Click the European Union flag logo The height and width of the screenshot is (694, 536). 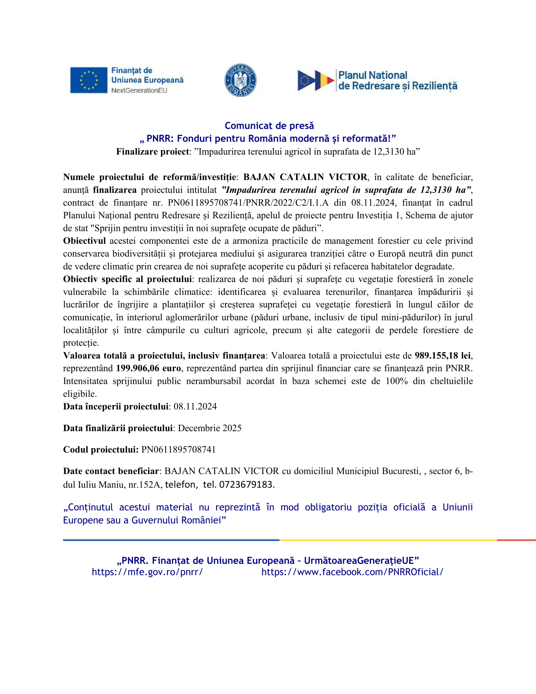point(89,80)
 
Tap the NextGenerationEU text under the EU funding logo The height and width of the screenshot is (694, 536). point(139,91)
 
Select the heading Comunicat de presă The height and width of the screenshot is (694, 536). point(269,126)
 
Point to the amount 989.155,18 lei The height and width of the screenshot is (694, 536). point(443,356)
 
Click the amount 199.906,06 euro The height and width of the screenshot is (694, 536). point(148,368)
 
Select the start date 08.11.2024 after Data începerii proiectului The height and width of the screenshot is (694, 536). point(195,407)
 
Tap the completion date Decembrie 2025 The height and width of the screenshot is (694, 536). point(210,428)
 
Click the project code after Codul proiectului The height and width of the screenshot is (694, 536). point(179,450)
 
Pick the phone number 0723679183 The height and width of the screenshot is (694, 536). point(246,485)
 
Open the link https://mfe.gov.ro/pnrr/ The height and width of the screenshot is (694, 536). point(147,572)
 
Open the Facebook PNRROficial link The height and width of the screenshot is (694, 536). point(352,572)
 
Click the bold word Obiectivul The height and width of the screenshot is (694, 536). point(84,241)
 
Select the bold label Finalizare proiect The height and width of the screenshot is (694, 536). point(153,152)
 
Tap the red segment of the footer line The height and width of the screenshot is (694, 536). point(516,540)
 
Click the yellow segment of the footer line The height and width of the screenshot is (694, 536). point(388,540)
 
